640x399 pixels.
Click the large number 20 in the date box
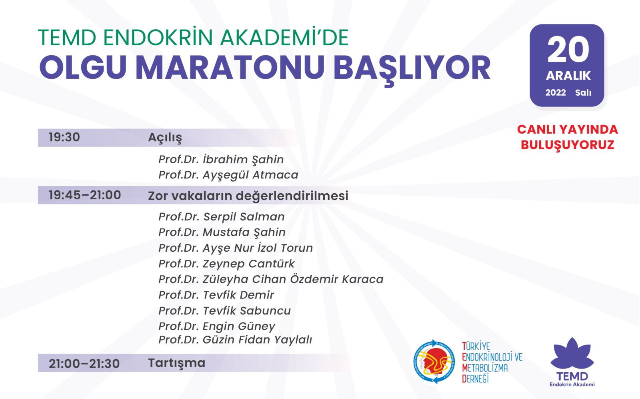(x=568, y=50)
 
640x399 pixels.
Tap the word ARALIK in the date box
(x=568, y=76)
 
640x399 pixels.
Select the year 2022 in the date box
(x=556, y=92)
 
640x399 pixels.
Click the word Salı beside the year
(x=583, y=92)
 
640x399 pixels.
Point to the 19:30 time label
(x=64, y=137)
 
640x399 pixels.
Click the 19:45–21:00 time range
(x=85, y=195)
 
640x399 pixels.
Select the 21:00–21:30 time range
(x=84, y=363)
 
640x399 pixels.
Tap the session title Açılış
(x=165, y=138)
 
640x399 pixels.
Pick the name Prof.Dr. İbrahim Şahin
(x=221, y=160)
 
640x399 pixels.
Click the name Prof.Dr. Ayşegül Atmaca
(x=228, y=175)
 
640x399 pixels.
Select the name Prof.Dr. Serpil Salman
(x=222, y=217)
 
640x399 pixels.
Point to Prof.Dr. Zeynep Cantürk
(x=226, y=264)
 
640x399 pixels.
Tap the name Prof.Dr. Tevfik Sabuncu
(x=224, y=311)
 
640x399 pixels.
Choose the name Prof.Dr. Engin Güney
(x=217, y=327)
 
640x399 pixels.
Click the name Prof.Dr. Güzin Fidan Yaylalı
(x=235, y=340)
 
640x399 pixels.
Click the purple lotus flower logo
(x=572, y=353)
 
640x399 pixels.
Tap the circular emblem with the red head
(x=434, y=362)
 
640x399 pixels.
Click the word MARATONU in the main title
(x=230, y=68)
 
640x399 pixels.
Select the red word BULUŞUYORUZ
(x=568, y=145)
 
